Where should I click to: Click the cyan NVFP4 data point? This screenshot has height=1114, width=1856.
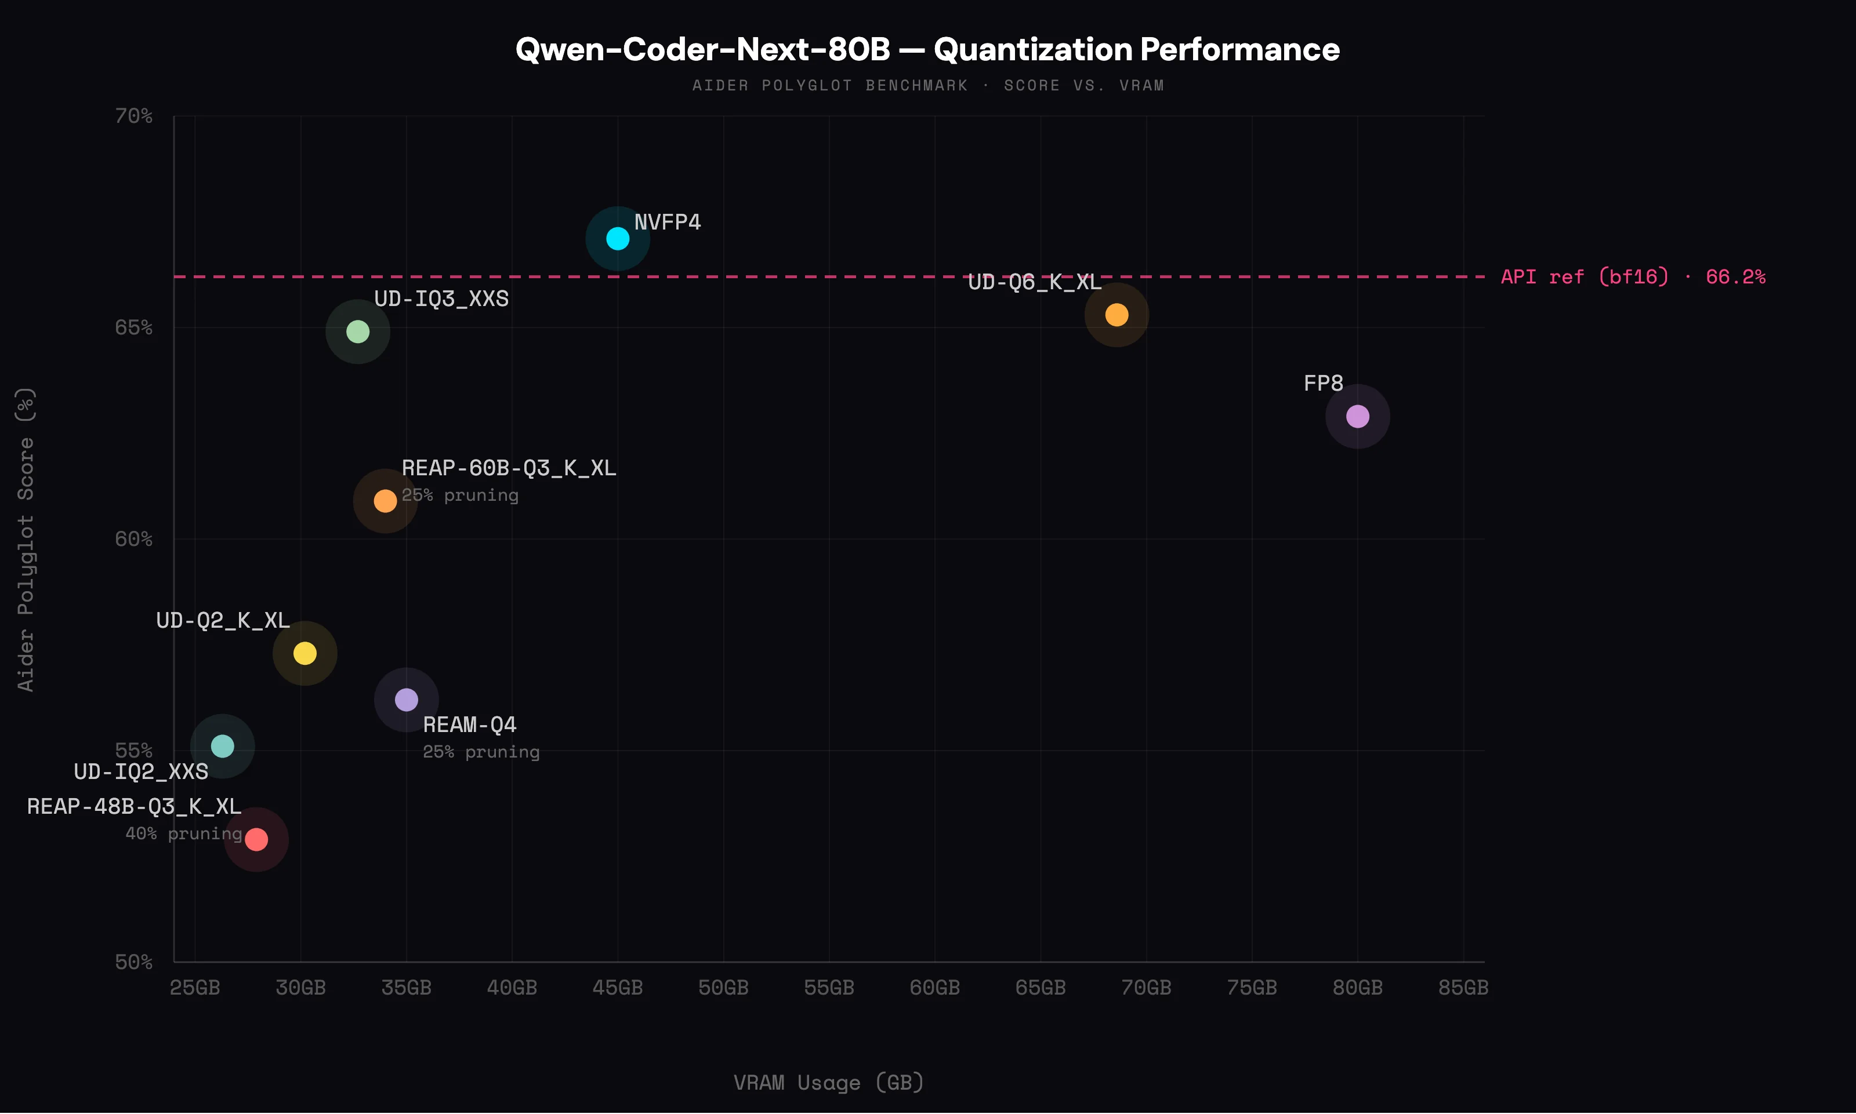point(618,239)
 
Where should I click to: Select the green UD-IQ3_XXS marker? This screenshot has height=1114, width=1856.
point(357,331)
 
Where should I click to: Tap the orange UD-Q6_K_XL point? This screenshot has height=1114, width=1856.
point(1116,315)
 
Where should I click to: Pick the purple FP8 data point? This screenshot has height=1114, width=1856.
point(1357,416)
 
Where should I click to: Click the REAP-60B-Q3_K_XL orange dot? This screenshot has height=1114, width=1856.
point(385,501)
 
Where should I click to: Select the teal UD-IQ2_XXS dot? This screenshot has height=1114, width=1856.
point(222,746)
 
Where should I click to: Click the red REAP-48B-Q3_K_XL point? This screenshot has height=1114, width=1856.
point(256,839)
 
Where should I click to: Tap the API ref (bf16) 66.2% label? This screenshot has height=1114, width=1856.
point(1632,277)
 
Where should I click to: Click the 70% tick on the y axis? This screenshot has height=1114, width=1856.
point(134,117)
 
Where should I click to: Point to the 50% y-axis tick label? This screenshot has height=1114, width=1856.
point(134,962)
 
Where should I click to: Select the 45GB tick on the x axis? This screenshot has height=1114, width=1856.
point(618,987)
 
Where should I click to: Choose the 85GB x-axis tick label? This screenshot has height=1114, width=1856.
point(1462,987)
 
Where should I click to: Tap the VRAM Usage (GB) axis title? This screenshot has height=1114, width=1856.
point(828,1083)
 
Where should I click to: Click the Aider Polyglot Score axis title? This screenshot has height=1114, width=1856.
point(26,539)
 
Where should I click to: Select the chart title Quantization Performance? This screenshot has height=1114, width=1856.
point(927,49)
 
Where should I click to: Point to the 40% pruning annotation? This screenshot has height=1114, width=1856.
point(183,833)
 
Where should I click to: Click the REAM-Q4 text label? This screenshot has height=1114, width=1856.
point(469,725)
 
